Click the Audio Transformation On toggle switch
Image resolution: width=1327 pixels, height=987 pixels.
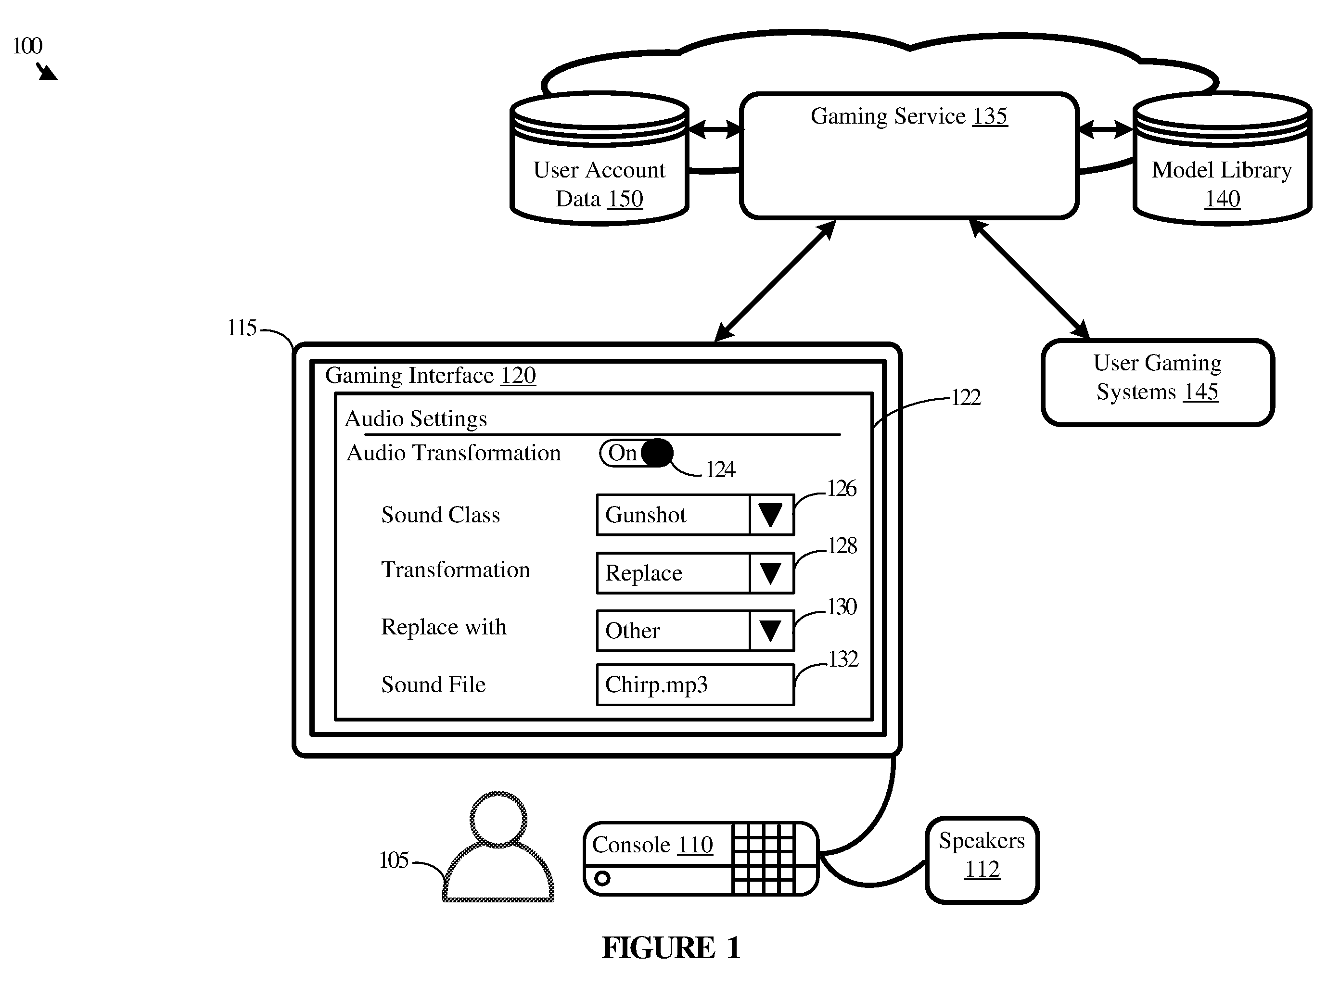tap(636, 453)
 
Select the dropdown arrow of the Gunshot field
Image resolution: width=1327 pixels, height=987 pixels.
tap(771, 514)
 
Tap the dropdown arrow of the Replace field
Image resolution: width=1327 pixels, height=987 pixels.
tap(771, 572)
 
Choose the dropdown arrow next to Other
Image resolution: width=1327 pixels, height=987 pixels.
tap(771, 630)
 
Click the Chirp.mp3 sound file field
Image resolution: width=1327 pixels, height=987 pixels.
tap(695, 684)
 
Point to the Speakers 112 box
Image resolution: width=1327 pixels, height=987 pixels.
tap(982, 860)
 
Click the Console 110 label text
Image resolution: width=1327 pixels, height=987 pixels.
tap(652, 845)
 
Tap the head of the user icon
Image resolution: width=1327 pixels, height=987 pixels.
tap(499, 819)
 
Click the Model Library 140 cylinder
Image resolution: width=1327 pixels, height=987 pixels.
tap(1222, 159)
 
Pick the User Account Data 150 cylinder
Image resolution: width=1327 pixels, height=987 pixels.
tap(600, 159)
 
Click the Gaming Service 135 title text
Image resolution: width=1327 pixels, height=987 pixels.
tap(909, 116)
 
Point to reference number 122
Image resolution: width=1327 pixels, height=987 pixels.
tap(966, 397)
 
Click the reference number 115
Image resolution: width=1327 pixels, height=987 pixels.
tap(242, 328)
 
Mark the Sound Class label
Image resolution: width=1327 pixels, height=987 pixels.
tap(440, 514)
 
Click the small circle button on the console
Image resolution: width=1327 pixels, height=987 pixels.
tap(602, 878)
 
